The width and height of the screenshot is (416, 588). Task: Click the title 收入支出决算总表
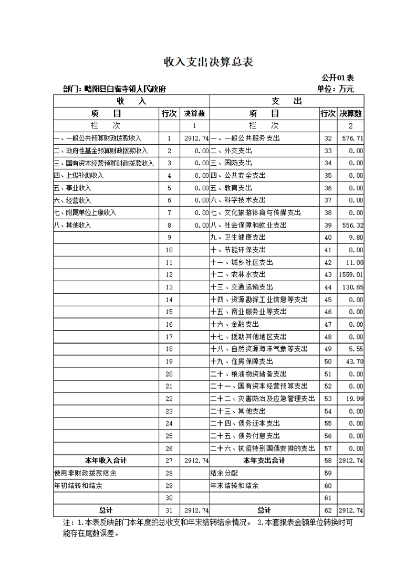[209, 62]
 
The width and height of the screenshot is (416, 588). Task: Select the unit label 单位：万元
[336, 89]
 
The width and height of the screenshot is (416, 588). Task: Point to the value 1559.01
[351, 274]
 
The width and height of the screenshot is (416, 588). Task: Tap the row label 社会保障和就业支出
[248, 225]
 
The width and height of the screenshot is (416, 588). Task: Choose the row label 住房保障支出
[245, 361]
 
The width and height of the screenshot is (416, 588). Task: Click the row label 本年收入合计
[106, 461]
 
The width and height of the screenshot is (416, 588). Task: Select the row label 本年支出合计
[264, 461]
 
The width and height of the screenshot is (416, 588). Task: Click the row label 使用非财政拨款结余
[86, 473]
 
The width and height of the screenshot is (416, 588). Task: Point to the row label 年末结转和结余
[234, 486]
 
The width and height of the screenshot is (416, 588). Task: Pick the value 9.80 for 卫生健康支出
[356, 238]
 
